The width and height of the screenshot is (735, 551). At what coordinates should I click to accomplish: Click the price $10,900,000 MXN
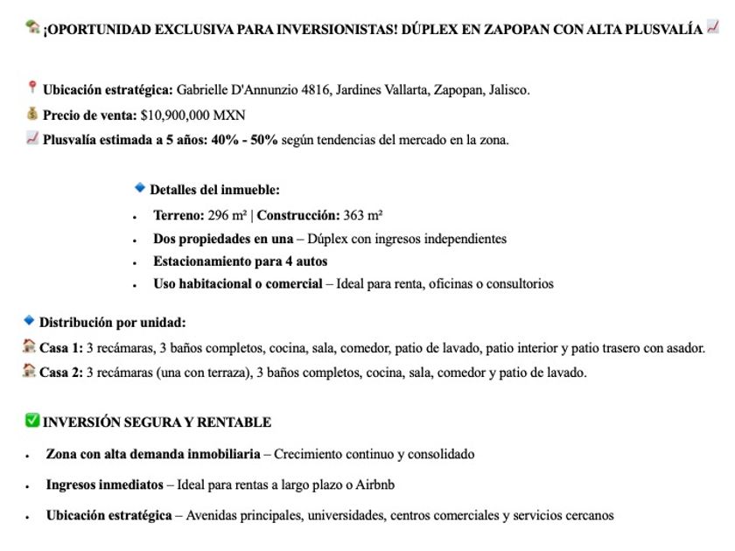192,115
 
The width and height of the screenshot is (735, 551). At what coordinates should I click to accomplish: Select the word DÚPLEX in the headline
437,29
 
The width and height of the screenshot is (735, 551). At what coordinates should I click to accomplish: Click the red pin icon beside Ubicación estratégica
32,88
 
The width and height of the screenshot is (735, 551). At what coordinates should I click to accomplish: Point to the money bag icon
32,114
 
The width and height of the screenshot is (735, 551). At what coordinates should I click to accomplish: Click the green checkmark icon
32,422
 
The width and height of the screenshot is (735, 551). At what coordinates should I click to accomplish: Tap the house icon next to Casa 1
30,347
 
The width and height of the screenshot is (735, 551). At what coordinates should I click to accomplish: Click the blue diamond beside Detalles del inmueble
139,188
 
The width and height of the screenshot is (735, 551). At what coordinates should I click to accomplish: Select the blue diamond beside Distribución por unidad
29,321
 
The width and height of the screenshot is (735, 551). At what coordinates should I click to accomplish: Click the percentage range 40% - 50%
244,140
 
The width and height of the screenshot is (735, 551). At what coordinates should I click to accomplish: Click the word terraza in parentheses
220,373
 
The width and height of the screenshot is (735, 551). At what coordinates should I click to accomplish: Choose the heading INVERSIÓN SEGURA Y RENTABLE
157,422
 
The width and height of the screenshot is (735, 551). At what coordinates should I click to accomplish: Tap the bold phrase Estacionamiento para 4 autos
240,262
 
